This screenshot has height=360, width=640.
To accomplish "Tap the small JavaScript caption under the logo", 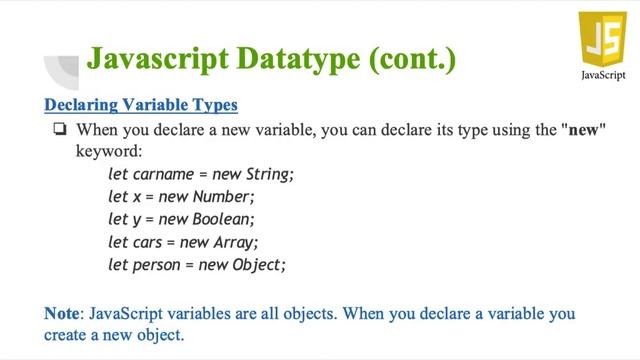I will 604,77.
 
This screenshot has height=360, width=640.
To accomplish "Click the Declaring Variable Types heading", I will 141,104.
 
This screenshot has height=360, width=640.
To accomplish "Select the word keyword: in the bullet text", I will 110,152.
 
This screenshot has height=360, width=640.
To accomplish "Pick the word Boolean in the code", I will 224,219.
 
